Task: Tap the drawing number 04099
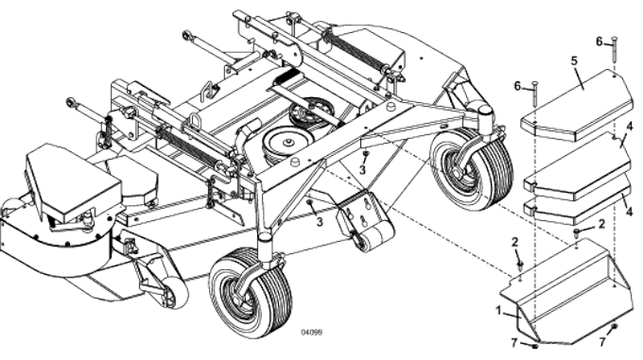tap(313, 332)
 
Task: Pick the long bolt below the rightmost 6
tap(615, 52)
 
